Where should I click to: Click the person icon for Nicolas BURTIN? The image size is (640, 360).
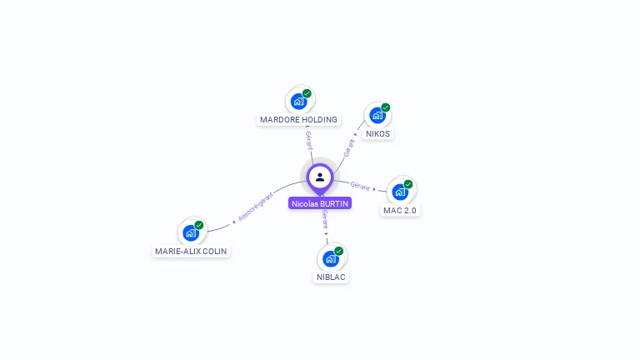coord(320,177)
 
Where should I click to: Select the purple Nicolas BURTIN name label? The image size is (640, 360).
coord(320,203)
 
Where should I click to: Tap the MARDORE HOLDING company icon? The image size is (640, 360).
coord(298,102)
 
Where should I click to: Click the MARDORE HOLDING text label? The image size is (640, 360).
coord(298,120)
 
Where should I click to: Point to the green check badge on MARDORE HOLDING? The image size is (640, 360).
coord(307,93)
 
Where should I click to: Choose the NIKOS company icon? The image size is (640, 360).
coord(377,116)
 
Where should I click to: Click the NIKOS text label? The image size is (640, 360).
coord(377,134)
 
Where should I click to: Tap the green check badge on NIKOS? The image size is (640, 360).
coord(386,107)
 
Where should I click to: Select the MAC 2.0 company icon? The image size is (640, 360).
coord(400,192)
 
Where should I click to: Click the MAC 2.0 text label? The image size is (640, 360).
coord(399,211)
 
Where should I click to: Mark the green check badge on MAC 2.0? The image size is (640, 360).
coord(408,184)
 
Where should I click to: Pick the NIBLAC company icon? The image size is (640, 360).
coord(331,259)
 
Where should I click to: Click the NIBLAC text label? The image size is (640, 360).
coord(331,277)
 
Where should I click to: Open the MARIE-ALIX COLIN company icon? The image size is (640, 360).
coord(191,233)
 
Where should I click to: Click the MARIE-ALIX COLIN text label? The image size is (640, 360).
coord(191,252)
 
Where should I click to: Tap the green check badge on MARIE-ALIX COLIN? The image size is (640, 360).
coord(199,225)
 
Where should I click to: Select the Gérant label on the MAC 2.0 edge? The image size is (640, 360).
coord(360,185)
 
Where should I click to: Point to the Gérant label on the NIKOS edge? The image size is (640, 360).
coord(349,147)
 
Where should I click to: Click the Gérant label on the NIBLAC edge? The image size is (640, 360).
coord(324,220)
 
